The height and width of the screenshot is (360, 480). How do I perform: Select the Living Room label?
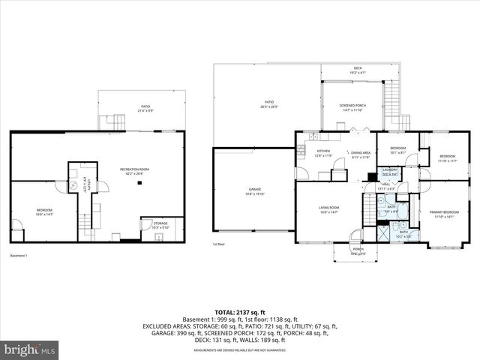pos(330,209)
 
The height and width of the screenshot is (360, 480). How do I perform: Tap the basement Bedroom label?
pos(45,211)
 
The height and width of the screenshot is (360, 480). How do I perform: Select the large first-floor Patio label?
pos(268,104)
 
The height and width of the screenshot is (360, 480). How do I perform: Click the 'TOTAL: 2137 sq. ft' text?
pos(240,311)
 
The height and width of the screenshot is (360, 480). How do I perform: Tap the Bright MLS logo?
pos(30,349)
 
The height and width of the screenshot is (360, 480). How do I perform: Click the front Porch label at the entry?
pos(358,251)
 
